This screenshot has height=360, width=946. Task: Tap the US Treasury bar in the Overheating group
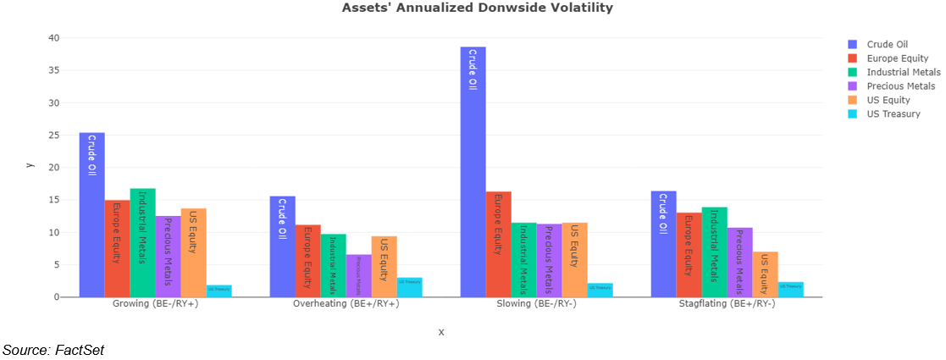[409, 287]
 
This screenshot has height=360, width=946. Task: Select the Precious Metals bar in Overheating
[358, 275]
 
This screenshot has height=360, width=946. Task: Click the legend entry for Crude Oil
[887, 45]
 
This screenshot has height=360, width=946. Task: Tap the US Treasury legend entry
[893, 114]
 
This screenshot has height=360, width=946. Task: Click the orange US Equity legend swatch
[853, 100]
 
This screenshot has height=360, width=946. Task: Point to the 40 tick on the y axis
[53, 38]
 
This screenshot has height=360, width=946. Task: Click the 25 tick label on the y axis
[53, 136]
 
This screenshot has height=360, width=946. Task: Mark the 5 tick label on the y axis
[56, 265]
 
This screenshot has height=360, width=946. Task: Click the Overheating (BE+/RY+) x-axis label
[346, 304]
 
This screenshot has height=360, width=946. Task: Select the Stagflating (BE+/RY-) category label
[727, 304]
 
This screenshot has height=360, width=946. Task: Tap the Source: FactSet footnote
[53, 350]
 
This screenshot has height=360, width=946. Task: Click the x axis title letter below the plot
[441, 332]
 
